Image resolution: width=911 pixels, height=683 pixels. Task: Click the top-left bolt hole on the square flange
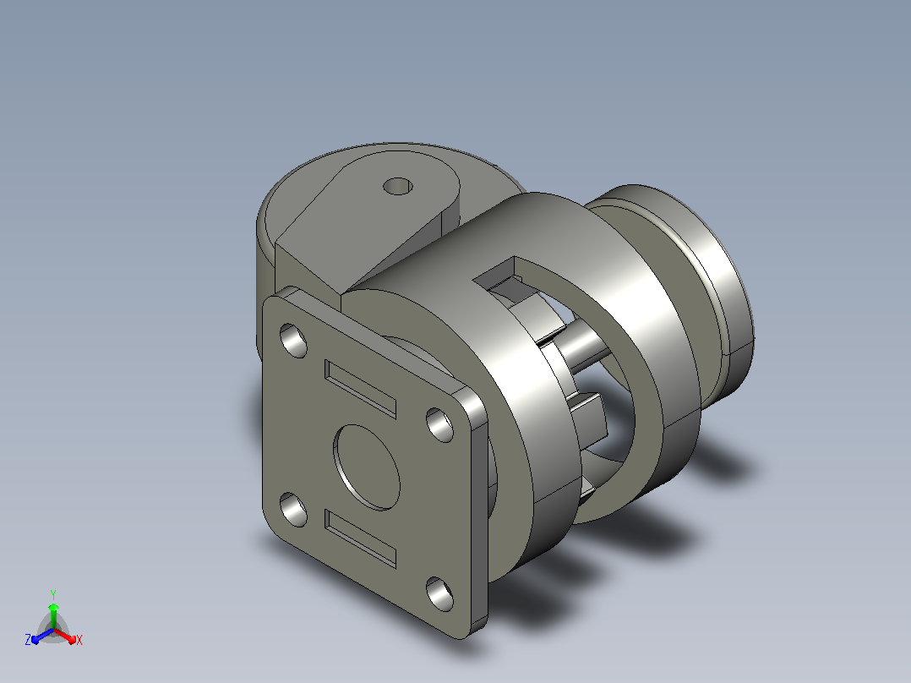click(293, 340)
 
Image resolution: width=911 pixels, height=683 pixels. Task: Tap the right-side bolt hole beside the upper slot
click(439, 425)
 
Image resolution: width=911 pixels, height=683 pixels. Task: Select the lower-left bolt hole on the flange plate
click(293, 509)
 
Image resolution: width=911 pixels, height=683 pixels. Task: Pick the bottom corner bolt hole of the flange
click(439, 593)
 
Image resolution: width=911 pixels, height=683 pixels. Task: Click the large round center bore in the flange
click(367, 467)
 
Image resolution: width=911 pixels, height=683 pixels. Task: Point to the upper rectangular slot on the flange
click(360, 389)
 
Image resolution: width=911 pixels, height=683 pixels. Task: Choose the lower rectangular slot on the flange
click(360, 538)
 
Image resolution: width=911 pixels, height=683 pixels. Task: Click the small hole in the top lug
click(398, 187)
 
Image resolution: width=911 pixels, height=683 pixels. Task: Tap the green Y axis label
click(53, 594)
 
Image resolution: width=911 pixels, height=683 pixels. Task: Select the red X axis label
click(79, 640)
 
